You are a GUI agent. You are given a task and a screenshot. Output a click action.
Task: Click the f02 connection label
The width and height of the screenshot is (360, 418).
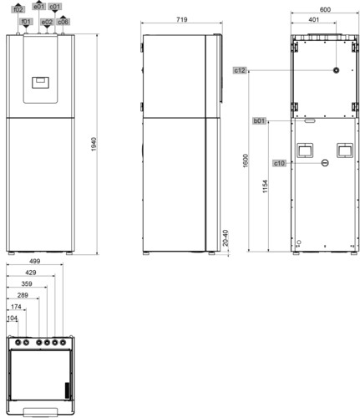(18, 9)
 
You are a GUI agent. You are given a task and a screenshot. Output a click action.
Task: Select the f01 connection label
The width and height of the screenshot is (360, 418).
(26, 22)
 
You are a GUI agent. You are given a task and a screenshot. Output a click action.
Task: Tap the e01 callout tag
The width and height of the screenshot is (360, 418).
(39, 7)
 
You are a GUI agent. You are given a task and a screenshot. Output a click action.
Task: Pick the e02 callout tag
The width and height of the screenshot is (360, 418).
(47, 22)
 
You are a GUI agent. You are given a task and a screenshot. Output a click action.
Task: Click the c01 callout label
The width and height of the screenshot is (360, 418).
(55, 7)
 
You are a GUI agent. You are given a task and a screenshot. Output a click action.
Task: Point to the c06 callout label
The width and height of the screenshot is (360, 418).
(63, 22)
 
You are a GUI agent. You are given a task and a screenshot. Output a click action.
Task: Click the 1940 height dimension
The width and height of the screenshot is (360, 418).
(94, 145)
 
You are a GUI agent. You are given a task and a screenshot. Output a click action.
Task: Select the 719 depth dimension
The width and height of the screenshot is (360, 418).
(182, 19)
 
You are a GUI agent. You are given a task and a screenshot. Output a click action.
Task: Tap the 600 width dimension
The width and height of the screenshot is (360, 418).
(325, 10)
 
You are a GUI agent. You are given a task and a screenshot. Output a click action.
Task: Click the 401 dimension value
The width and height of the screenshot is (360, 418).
(313, 19)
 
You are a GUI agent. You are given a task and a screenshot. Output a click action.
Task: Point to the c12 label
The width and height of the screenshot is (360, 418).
(240, 70)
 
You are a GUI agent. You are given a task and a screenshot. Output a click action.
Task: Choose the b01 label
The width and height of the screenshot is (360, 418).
(259, 121)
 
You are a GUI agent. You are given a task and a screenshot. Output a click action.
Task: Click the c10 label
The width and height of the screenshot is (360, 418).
(279, 163)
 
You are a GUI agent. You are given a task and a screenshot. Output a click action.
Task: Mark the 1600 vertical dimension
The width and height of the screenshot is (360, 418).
(246, 161)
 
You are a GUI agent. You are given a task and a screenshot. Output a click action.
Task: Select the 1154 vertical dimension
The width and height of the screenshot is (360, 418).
(265, 186)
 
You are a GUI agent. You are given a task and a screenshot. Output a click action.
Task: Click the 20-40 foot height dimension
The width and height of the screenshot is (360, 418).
(226, 237)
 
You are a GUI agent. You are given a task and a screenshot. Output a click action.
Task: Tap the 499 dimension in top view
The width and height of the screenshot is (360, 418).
(34, 261)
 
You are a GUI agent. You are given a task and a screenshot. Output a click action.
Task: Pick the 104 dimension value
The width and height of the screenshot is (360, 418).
(12, 318)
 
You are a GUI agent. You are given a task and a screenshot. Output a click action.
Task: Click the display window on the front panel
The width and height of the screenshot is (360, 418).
(40, 83)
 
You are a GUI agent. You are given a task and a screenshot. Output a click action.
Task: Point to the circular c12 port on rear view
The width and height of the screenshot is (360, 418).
(337, 70)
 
